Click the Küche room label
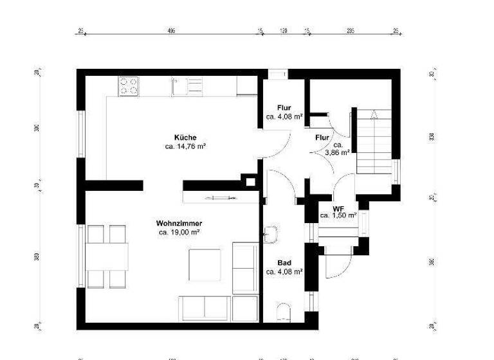[x=185, y=138]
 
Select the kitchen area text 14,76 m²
[x=185, y=147]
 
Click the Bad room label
[x=284, y=263]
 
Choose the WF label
[x=338, y=208]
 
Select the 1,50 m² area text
[x=338, y=216]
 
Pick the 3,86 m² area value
[x=337, y=153]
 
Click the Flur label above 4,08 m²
[x=284, y=108]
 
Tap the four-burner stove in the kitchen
[x=129, y=85]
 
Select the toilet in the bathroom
[x=284, y=313]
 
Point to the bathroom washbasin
[x=270, y=234]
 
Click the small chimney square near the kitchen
[x=249, y=181]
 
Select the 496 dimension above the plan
[x=171, y=30]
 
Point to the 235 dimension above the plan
[x=351, y=30]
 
